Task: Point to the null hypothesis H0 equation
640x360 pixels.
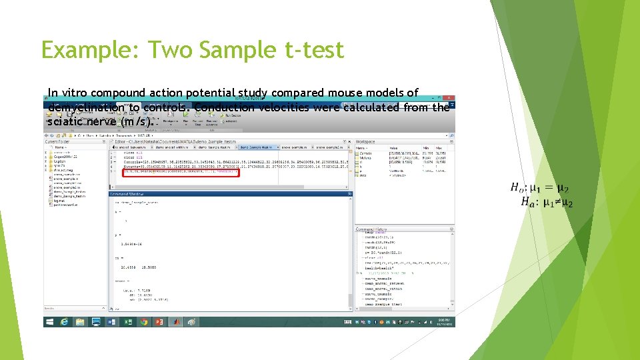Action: click(x=541, y=189)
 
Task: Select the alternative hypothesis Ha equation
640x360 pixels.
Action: click(x=547, y=202)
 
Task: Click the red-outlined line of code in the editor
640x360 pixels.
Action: click(x=181, y=171)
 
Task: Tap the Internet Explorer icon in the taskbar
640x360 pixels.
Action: click(x=65, y=321)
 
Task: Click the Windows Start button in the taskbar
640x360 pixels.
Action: click(x=49, y=321)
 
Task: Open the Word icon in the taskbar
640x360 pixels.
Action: click(x=111, y=321)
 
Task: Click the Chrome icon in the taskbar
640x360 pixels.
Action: click(x=143, y=321)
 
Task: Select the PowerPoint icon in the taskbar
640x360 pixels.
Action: click(x=159, y=321)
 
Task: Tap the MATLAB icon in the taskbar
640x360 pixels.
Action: click(x=175, y=321)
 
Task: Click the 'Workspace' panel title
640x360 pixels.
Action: click(x=366, y=141)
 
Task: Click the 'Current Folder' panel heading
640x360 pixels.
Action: click(x=57, y=141)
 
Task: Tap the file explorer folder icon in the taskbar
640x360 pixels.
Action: click(x=80, y=321)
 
